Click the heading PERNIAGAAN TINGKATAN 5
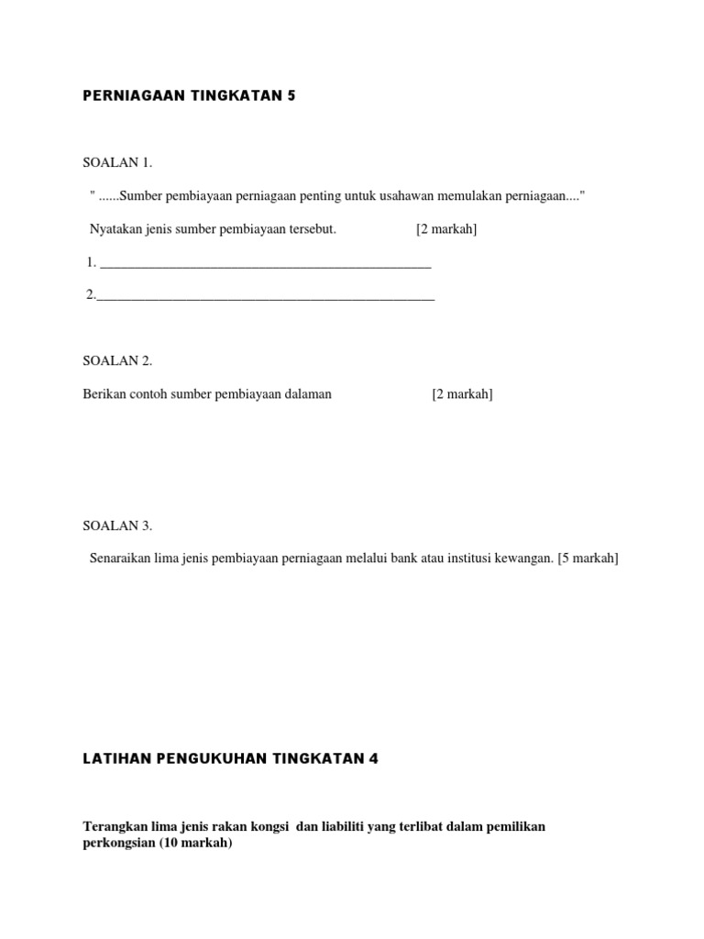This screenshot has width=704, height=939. click(189, 94)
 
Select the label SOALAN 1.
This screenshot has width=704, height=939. click(117, 162)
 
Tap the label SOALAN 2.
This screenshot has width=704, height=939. click(117, 360)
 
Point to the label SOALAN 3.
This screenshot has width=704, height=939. click(117, 525)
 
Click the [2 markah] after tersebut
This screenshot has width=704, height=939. click(446, 228)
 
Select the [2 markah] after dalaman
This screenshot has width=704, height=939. click(462, 393)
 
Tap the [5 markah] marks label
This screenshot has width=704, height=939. click(588, 558)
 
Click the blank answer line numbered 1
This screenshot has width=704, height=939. click(265, 265)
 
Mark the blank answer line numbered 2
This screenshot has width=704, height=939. click(265, 297)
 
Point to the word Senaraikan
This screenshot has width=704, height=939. click(122, 558)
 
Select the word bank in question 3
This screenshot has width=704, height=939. click(400, 558)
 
